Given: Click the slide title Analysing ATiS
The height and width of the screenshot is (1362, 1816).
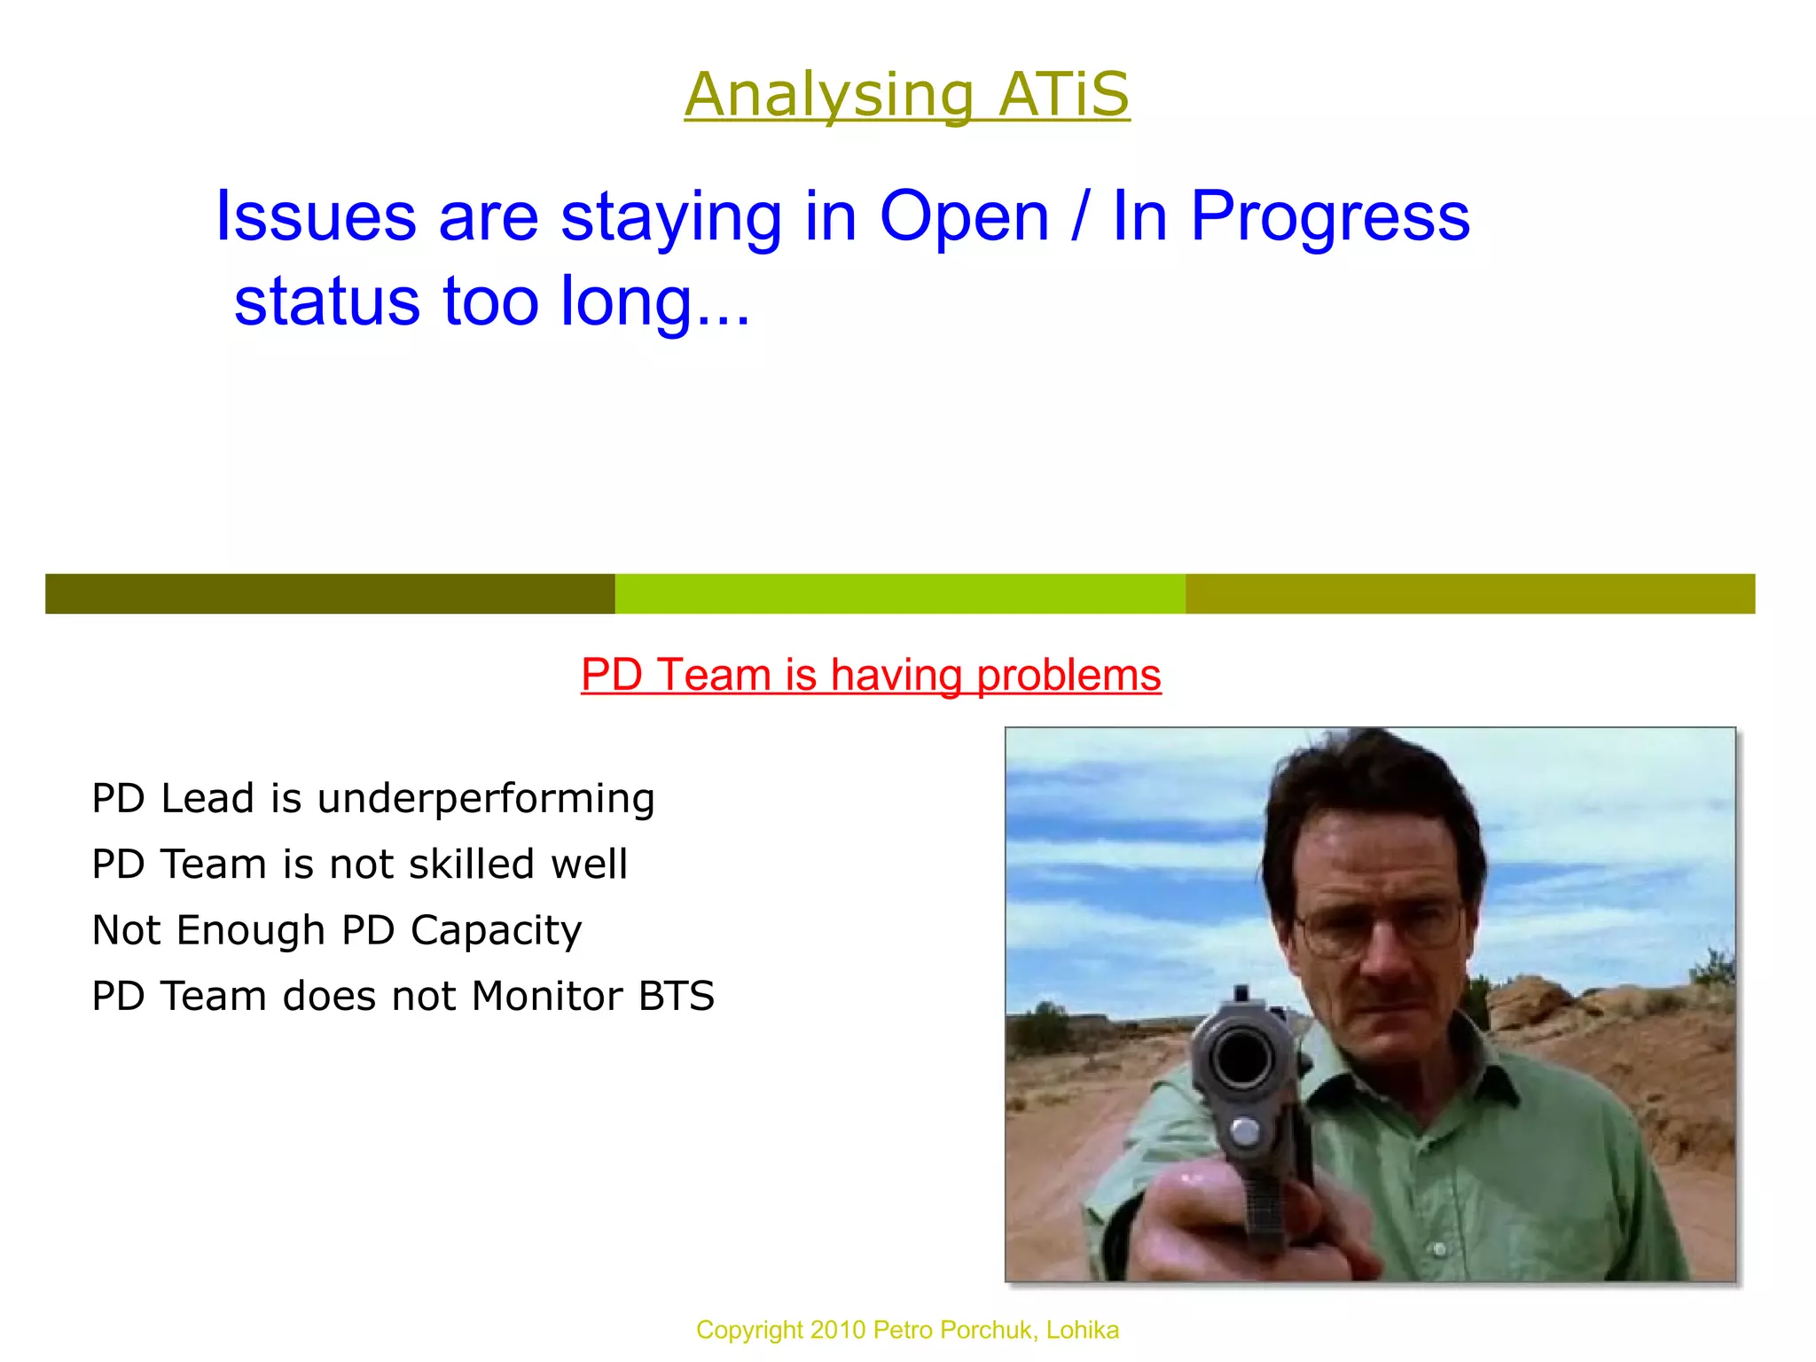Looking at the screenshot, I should (x=906, y=94).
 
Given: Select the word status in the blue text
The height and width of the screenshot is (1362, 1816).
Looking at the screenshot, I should (x=326, y=301).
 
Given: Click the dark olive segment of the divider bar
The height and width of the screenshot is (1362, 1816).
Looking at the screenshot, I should (x=330, y=593).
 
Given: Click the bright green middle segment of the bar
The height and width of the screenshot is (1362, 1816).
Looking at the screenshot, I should (x=900, y=593).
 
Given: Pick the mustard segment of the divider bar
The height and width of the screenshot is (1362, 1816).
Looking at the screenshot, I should (x=1469, y=593).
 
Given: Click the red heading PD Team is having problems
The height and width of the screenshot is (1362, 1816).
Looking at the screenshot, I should (x=871, y=675).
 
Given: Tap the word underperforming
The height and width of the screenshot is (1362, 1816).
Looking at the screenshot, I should (x=486, y=798).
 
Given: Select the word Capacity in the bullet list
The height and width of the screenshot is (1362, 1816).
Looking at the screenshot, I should (x=496, y=930).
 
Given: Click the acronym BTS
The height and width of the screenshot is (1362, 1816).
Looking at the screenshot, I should (x=677, y=996).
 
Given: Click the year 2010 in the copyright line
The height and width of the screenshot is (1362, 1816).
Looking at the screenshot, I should (x=837, y=1330).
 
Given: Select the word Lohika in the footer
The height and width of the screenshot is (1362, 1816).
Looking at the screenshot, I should (x=1082, y=1330).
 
